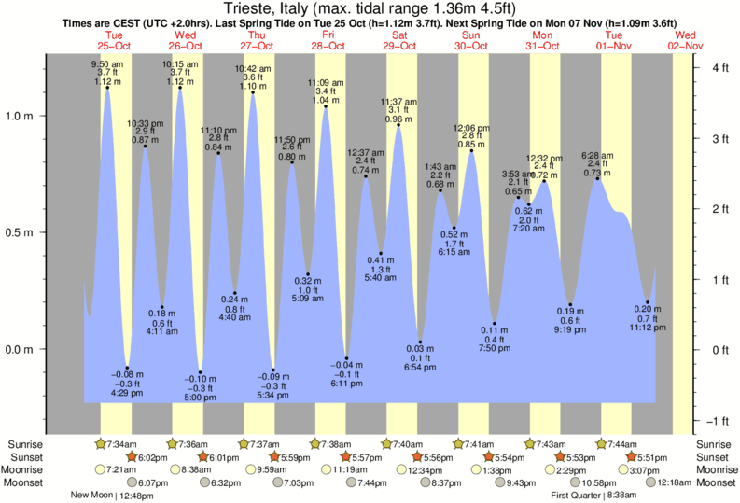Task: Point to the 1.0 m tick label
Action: (44, 117)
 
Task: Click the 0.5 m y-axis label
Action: (44, 233)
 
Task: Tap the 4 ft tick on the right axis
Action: (719, 68)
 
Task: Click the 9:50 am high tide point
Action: (107, 89)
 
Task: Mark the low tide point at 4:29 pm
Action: (128, 369)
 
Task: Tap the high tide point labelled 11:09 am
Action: (326, 106)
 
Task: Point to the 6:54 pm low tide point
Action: (421, 342)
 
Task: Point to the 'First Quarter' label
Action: (585, 495)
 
